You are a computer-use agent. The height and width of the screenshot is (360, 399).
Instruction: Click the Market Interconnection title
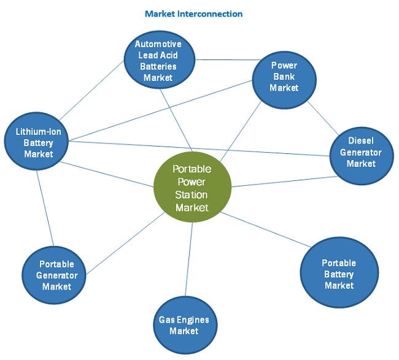(x=193, y=13)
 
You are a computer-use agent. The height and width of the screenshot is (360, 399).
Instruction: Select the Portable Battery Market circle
(x=338, y=274)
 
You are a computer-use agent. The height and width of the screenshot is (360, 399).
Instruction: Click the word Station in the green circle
(x=192, y=194)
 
